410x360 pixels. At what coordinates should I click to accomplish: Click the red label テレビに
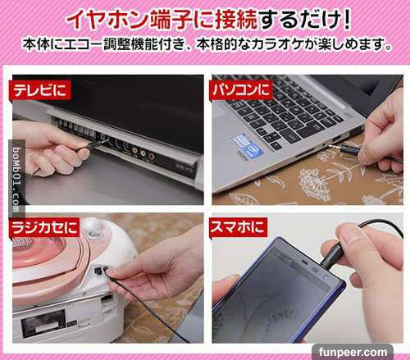tap(40, 90)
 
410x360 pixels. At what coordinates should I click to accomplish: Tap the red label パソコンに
tap(242, 90)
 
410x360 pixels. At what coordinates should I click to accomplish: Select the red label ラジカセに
tap(44, 228)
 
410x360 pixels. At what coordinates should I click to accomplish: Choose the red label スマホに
tap(238, 227)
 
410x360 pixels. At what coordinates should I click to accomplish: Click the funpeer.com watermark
tap(353, 352)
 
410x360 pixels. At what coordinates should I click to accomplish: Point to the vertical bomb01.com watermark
tap(16, 180)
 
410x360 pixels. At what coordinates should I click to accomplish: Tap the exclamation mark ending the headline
tap(346, 19)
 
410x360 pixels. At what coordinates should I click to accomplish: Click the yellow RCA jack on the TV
tap(135, 150)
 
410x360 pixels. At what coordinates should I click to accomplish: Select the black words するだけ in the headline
tap(298, 20)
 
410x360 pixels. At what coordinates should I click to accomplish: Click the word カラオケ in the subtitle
tap(280, 45)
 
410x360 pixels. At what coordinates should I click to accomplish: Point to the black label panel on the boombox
tap(43, 324)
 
